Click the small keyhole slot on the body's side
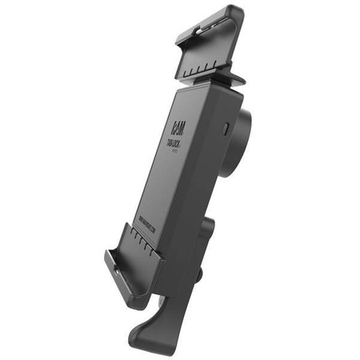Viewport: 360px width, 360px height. click(x=227, y=127)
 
